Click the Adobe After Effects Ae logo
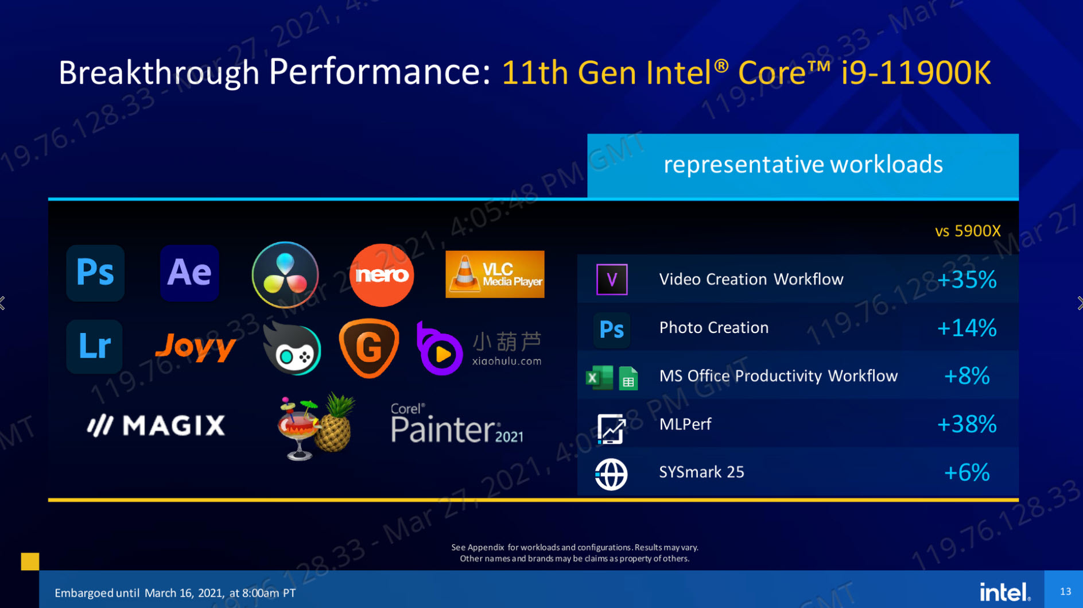click(189, 273)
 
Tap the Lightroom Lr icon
click(95, 347)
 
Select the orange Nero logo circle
click(382, 275)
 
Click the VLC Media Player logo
click(495, 274)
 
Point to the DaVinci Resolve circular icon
click(285, 275)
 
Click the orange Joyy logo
click(196, 347)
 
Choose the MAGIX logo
click(156, 425)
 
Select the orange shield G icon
click(369, 348)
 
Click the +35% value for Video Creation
click(966, 280)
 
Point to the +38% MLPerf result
click(966, 424)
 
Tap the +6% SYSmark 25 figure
click(966, 473)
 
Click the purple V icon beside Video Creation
click(612, 280)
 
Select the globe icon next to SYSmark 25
click(611, 474)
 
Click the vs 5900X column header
click(968, 231)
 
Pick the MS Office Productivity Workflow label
click(778, 376)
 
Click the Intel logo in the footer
click(1005, 591)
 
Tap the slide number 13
click(1065, 591)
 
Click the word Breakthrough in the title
click(159, 73)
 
